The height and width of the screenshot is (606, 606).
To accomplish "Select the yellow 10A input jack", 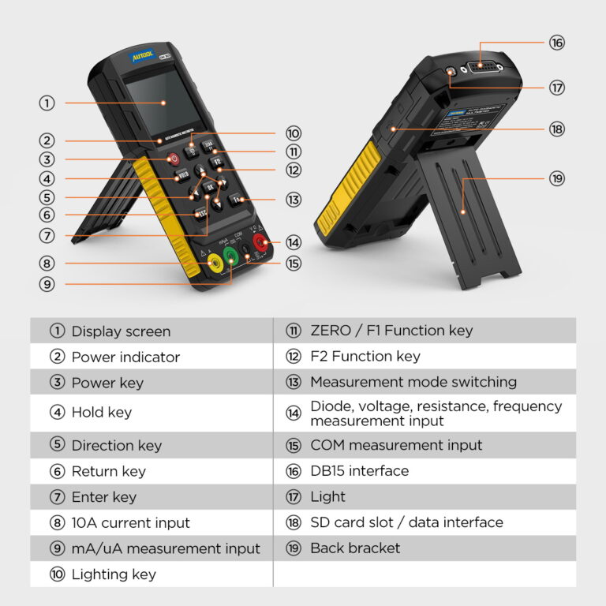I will [212, 266].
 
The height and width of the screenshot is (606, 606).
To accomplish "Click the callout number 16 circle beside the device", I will [557, 43].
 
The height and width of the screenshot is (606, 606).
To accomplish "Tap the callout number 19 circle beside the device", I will [557, 179].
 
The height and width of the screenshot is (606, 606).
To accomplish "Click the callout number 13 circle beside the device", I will [294, 200].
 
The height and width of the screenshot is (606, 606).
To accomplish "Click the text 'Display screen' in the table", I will [121, 331].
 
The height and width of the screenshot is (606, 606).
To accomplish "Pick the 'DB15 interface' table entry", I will [359, 471].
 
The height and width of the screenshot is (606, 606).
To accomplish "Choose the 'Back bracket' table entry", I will [355, 548].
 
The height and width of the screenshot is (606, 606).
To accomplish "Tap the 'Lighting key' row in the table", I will [114, 574].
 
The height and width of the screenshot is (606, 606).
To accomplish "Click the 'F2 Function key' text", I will [365, 357].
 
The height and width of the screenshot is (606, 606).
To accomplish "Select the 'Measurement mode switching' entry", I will [413, 382].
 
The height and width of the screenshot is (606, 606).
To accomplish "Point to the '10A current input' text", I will [130, 522].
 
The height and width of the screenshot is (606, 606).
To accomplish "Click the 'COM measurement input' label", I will [396, 445].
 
